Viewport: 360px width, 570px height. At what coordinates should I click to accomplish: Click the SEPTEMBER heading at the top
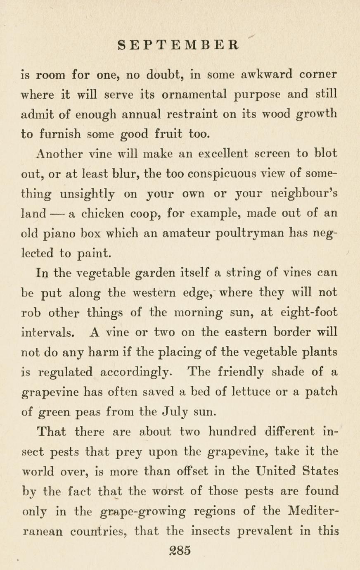pos(178,45)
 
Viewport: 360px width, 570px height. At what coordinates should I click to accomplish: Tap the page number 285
pos(180,550)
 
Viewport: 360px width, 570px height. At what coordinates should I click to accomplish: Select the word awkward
pos(267,75)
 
